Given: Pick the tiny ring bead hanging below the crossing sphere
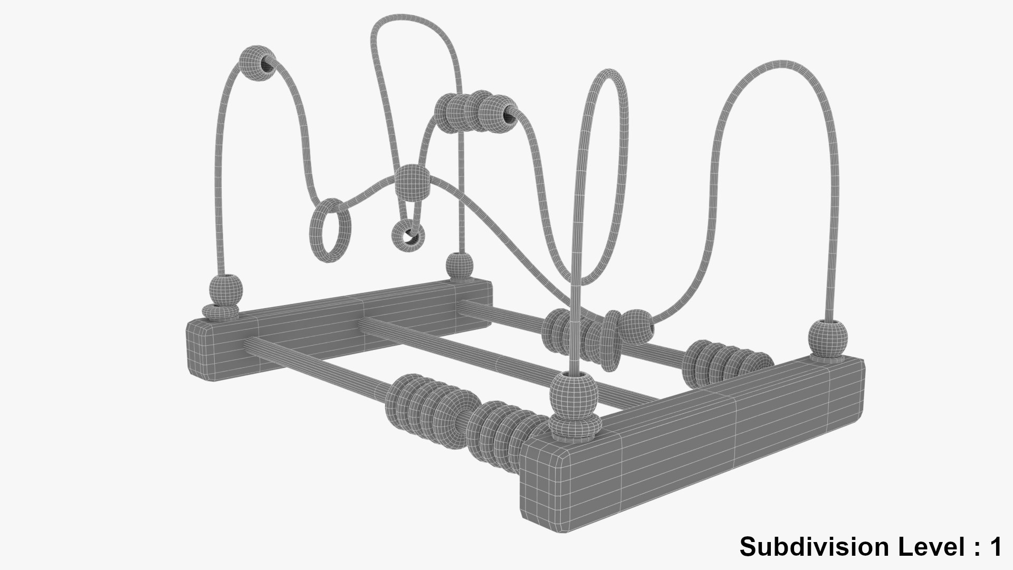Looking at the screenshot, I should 407,235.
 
